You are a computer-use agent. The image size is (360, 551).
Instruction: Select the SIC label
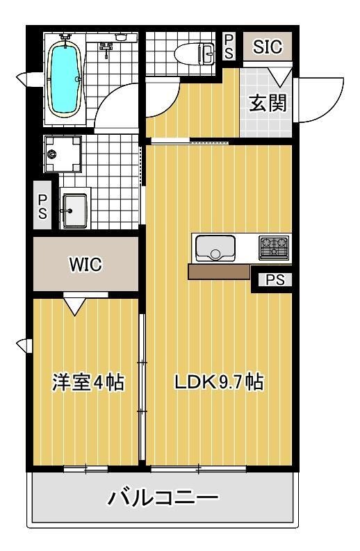coord(267,47)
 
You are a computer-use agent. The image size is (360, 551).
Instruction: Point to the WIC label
coord(85,264)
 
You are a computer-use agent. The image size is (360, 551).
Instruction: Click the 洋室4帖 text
coord(88,381)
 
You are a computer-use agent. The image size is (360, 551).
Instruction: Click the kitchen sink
coord(215,247)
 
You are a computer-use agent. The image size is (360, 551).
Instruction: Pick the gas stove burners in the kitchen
coord(273,246)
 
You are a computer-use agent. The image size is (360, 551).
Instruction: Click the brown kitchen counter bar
coord(219,272)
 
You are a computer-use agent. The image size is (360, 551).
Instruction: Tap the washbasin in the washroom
coord(74,208)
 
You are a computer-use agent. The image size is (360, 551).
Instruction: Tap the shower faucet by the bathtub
coord(106,48)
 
